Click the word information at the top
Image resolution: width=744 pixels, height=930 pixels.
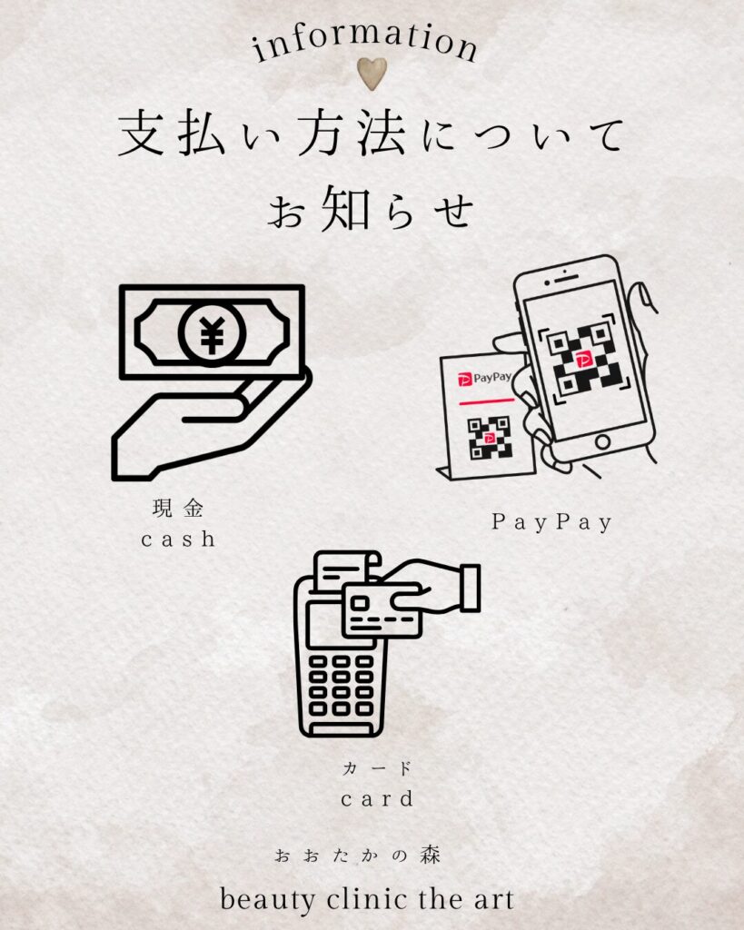click(x=365, y=42)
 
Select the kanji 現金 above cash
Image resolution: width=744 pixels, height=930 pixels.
click(x=178, y=509)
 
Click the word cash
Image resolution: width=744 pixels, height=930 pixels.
click(x=178, y=539)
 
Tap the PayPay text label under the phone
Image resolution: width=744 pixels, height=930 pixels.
click(x=551, y=522)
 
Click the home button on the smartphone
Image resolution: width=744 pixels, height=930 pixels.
click(x=602, y=441)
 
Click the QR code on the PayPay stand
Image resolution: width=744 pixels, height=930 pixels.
click(x=489, y=439)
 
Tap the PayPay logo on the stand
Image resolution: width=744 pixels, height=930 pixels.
click(x=484, y=378)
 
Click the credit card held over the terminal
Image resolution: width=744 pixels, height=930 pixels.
click(x=382, y=610)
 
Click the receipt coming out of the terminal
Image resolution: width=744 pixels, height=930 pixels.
click(x=345, y=570)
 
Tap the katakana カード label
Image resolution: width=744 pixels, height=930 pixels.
click(x=377, y=768)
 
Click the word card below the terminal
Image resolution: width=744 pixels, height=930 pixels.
click(x=377, y=799)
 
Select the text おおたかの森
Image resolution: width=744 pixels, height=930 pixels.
click(x=357, y=856)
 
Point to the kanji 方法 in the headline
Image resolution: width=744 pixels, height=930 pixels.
click(x=352, y=134)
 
